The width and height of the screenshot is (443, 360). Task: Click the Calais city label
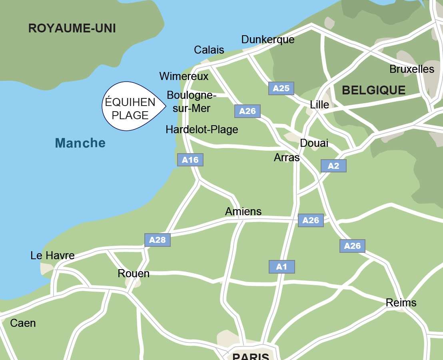tap(209, 50)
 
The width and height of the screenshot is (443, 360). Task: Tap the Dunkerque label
tap(267, 40)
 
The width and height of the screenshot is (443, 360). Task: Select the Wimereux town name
tap(184, 76)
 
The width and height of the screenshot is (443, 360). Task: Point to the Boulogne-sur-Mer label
tap(191, 102)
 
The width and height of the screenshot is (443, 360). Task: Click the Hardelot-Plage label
tap(202, 130)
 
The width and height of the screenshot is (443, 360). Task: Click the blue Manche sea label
tap(80, 143)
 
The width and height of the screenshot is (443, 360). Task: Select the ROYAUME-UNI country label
tap(72, 28)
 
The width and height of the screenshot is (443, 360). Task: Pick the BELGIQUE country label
tap(373, 90)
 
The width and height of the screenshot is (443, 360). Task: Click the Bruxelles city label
tap(411, 69)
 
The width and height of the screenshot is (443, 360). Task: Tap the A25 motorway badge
tap(281, 88)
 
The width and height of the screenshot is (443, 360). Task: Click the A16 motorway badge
tap(190, 160)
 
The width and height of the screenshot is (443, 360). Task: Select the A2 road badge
tap(333, 166)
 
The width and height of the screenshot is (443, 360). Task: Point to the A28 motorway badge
tap(158, 240)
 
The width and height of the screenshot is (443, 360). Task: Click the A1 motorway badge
tap(281, 267)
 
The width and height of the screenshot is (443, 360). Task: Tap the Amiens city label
tap(243, 211)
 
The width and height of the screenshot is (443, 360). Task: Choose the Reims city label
tap(401, 303)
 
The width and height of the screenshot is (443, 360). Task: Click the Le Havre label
tap(52, 255)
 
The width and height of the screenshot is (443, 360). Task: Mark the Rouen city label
tap(134, 274)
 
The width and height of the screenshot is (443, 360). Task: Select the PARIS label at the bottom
tap(251, 356)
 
